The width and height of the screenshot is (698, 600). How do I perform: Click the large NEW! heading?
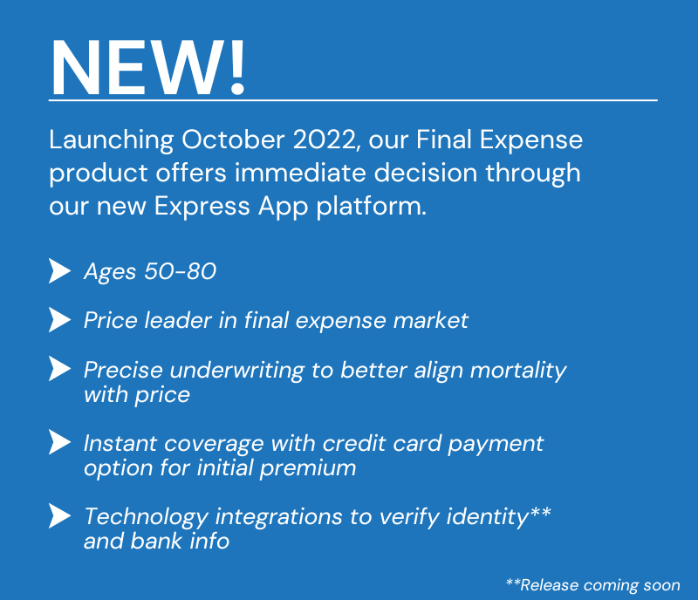[x=147, y=67]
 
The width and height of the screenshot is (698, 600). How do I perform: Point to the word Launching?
[x=112, y=141]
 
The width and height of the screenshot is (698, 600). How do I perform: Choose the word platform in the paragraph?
[x=372, y=207]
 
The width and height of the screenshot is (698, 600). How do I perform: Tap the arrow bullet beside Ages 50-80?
[x=59, y=271]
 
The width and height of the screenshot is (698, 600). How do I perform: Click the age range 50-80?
[x=181, y=271]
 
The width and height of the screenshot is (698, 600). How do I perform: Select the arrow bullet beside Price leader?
[x=59, y=320]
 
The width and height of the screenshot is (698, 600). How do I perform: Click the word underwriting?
[x=237, y=371]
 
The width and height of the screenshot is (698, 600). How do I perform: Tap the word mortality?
[x=518, y=371]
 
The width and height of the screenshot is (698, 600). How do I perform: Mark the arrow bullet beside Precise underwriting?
[x=59, y=369]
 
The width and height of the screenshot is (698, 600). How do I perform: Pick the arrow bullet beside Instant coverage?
[x=59, y=442]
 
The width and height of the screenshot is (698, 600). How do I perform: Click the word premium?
[x=308, y=468]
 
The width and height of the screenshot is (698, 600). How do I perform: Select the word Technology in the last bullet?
[x=146, y=517]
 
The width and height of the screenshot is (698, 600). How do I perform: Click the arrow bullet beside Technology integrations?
[x=59, y=516]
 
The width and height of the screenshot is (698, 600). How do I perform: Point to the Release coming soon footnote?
[x=593, y=585]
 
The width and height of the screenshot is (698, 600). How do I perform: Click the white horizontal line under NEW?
[x=353, y=100]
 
